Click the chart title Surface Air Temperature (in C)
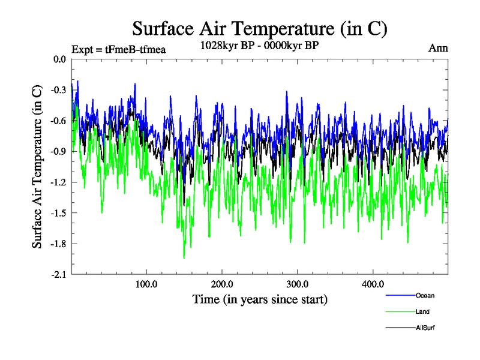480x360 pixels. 259,28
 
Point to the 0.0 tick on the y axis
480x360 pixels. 59,59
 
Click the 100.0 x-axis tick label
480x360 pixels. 146,284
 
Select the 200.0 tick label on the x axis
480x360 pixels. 222,284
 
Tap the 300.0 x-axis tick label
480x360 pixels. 297,284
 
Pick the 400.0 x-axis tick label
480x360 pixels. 373,284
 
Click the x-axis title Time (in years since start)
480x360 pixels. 259,299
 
